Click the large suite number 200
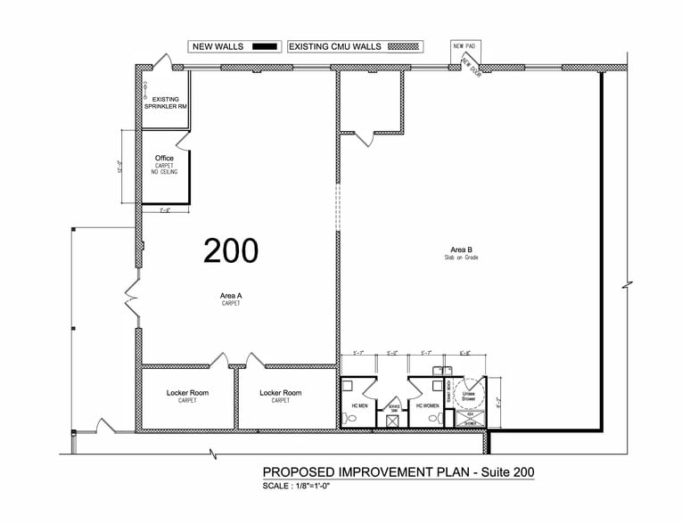click(x=231, y=250)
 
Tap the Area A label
click(x=231, y=296)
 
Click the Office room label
click(x=164, y=158)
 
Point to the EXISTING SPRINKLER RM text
click(x=165, y=102)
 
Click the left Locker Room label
click(x=186, y=393)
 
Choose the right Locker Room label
click(x=280, y=393)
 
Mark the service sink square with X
click(x=393, y=419)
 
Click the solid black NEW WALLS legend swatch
click(x=265, y=45)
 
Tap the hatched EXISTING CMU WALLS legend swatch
click(x=407, y=45)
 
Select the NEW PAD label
click(x=464, y=45)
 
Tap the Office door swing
click(x=184, y=143)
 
